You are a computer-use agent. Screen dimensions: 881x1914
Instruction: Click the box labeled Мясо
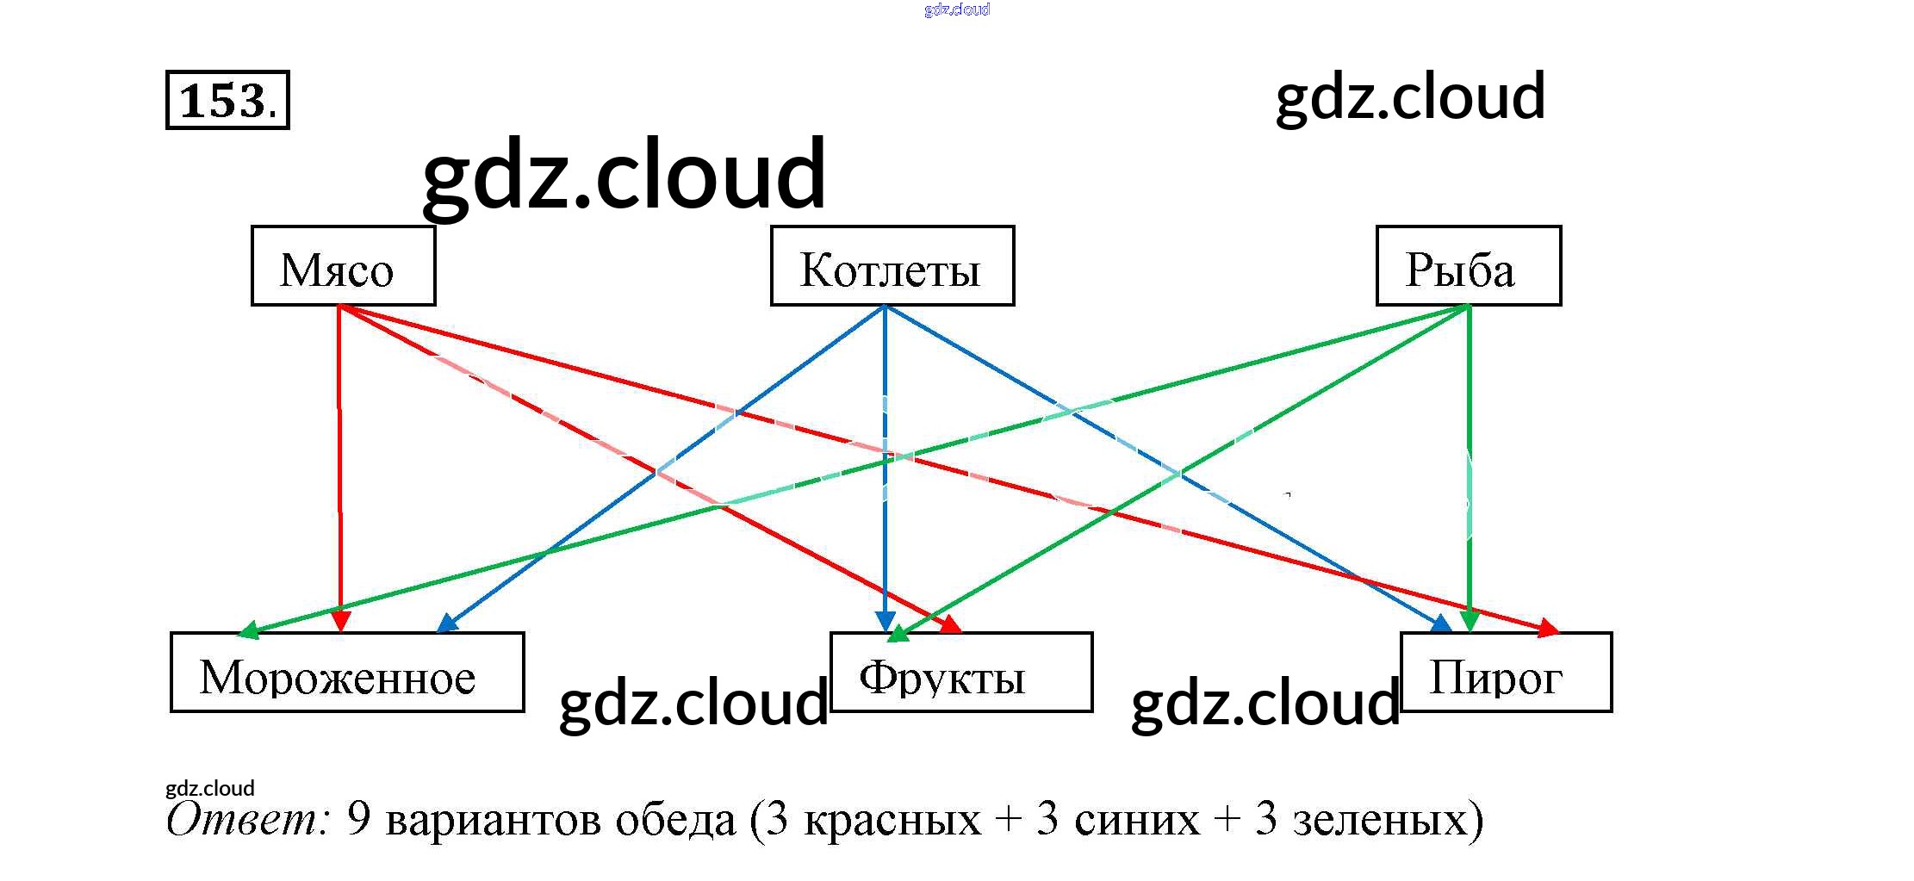pyautogui.click(x=343, y=266)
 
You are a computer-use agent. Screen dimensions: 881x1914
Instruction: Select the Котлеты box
pyautogui.click(x=892, y=266)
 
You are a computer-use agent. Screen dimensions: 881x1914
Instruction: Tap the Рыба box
pyautogui.click(x=1468, y=266)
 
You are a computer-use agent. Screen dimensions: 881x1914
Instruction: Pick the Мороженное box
pyautogui.click(x=347, y=673)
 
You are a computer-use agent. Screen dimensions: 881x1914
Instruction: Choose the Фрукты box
pyautogui.click(x=960, y=673)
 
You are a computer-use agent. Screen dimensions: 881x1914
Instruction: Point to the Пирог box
pyautogui.click(x=1506, y=673)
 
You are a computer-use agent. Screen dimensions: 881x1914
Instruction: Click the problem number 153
pyautogui.click(x=227, y=100)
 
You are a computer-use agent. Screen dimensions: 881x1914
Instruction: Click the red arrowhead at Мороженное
pyautogui.click(x=341, y=620)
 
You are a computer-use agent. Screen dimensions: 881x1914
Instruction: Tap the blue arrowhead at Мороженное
pyautogui.click(x=447, y=623)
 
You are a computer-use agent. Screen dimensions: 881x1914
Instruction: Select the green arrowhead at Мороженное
pyautogui.click(x=248, y=630)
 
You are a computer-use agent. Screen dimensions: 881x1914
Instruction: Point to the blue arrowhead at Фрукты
pyautogui.click(x=885, y=621)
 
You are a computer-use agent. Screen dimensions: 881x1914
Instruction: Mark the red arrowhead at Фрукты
pyautogui.click(x=950, y=624)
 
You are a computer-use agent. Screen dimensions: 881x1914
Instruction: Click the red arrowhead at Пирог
pyautogui.click(x=1548, y=629)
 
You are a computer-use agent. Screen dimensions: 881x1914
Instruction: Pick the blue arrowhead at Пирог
pyautogui.click(x=1440, y=624)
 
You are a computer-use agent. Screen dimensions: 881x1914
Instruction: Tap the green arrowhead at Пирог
pyautogui.click(x=1470, y=620)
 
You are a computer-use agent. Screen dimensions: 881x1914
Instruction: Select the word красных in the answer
pyautogui.click(x=892, y=819)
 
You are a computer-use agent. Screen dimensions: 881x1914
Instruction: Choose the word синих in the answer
pyautogui.click(x=1136, y=819)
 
